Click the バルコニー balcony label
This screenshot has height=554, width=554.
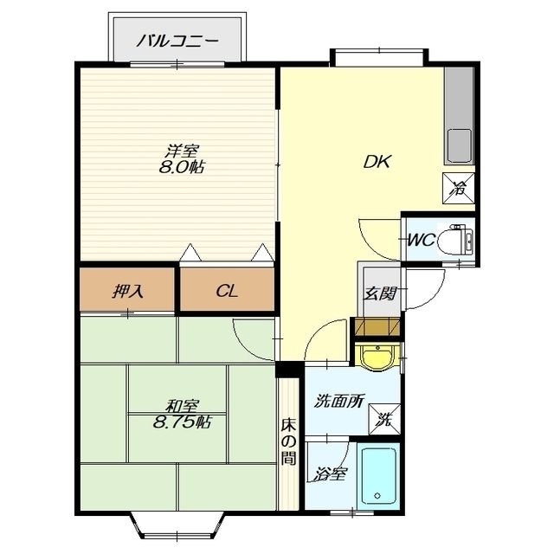tap(177, 42)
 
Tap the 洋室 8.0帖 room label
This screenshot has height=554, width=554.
tap(181, 159)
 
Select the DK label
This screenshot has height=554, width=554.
tap(377, 162)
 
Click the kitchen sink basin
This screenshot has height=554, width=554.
tap(460, 145)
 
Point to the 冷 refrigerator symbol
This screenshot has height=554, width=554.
tap(459, 189)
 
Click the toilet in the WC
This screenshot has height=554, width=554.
tap(455, 241)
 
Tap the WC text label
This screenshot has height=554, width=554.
tap(422, 241)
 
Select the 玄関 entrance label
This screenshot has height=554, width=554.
tap(380, 293)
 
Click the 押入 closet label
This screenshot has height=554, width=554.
tap(127, 292)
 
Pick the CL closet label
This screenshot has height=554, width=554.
tap(227, 292)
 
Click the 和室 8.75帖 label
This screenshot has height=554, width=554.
tap(182, 414)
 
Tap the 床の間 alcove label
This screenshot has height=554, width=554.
tap(288, 441)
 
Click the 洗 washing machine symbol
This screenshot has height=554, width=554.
tap(384, 419)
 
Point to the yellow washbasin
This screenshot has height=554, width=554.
tap(377, 356)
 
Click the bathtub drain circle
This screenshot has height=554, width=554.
tap(377, 496)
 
